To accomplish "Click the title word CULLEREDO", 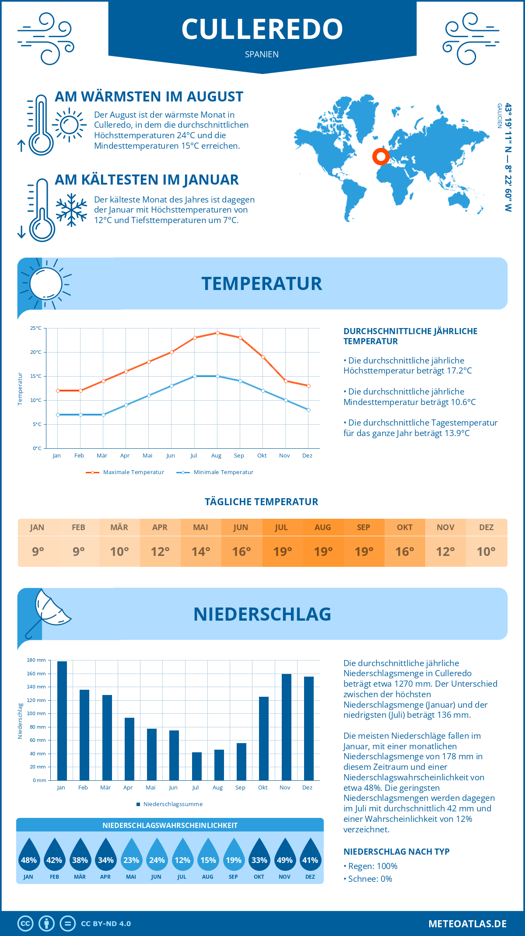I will pos(262,29).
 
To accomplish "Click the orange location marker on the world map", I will pos(381,156).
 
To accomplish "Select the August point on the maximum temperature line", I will pos(217,333).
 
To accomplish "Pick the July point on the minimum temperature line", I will pos(195,376).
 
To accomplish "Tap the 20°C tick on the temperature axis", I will pos(36,352).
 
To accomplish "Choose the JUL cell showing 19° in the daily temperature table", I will pos(282,552).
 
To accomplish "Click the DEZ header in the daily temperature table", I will pos(486,527).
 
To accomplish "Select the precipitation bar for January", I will pos(62,720).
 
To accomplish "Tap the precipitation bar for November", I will pos(287,727).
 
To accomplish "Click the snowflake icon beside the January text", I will pos(71,210).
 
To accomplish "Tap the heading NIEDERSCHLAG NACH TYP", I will pos(396,852).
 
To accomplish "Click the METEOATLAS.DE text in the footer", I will pos(467,924).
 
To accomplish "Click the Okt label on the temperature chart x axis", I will pos(262,456).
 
